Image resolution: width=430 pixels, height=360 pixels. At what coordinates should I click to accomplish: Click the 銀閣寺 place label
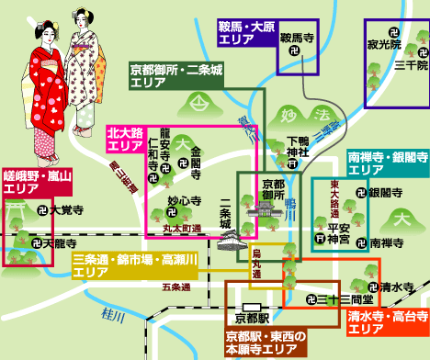(385, 193)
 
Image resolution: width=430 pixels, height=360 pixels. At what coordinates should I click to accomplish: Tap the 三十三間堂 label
(337, 298)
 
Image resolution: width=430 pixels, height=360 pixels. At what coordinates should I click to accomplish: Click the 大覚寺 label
(56, 209)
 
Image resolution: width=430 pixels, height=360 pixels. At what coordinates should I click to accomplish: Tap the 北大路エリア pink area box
(126, 140)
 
